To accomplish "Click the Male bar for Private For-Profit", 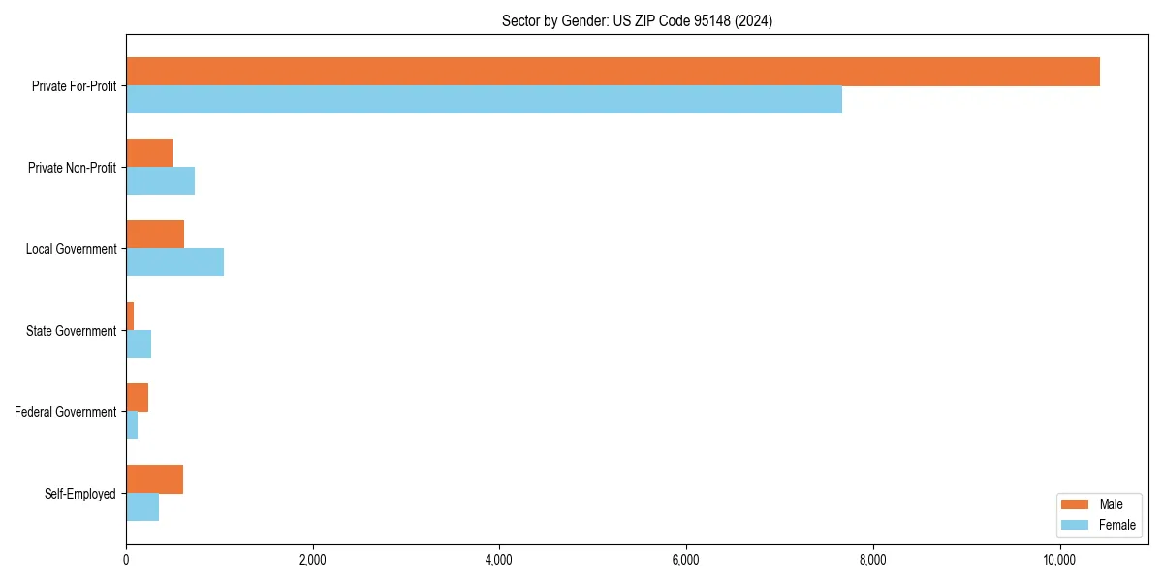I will point(613,72).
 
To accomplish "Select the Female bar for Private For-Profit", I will point(484,100).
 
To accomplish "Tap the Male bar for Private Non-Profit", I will point(149,153).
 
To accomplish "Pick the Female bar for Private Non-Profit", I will point(160,181).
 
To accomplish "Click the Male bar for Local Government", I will point(155,235).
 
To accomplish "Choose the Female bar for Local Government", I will point(174,263).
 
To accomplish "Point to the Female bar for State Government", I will point(139,344).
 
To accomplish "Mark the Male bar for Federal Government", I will point(137,398).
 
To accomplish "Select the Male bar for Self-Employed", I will point(154,479).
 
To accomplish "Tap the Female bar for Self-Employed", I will point(142,507).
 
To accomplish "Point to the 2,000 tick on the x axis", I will point(312,560).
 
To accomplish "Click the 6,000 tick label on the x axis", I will point(685,560).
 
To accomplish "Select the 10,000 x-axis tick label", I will point(1059,560).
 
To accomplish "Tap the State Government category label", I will point(71,331).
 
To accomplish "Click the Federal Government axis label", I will point(65,412).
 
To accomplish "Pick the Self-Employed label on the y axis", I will point(79,494).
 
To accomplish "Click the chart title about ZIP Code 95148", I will point(637,20).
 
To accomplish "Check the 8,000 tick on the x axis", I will point(872,560).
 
